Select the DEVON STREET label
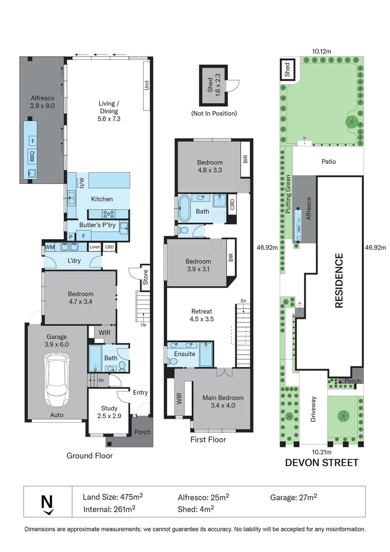[322, 463]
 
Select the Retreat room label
[201, 315]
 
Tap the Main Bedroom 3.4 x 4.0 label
[223, 402]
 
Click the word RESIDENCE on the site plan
[338, 281]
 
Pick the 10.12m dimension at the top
[322, 51]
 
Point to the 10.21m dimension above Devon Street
[322, 452]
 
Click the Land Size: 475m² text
[112, 497]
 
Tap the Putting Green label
[288, 194]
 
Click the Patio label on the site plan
[329, 162]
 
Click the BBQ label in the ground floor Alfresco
[32, 155]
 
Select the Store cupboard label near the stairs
[145, 277]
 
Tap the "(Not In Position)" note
[214, 113]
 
